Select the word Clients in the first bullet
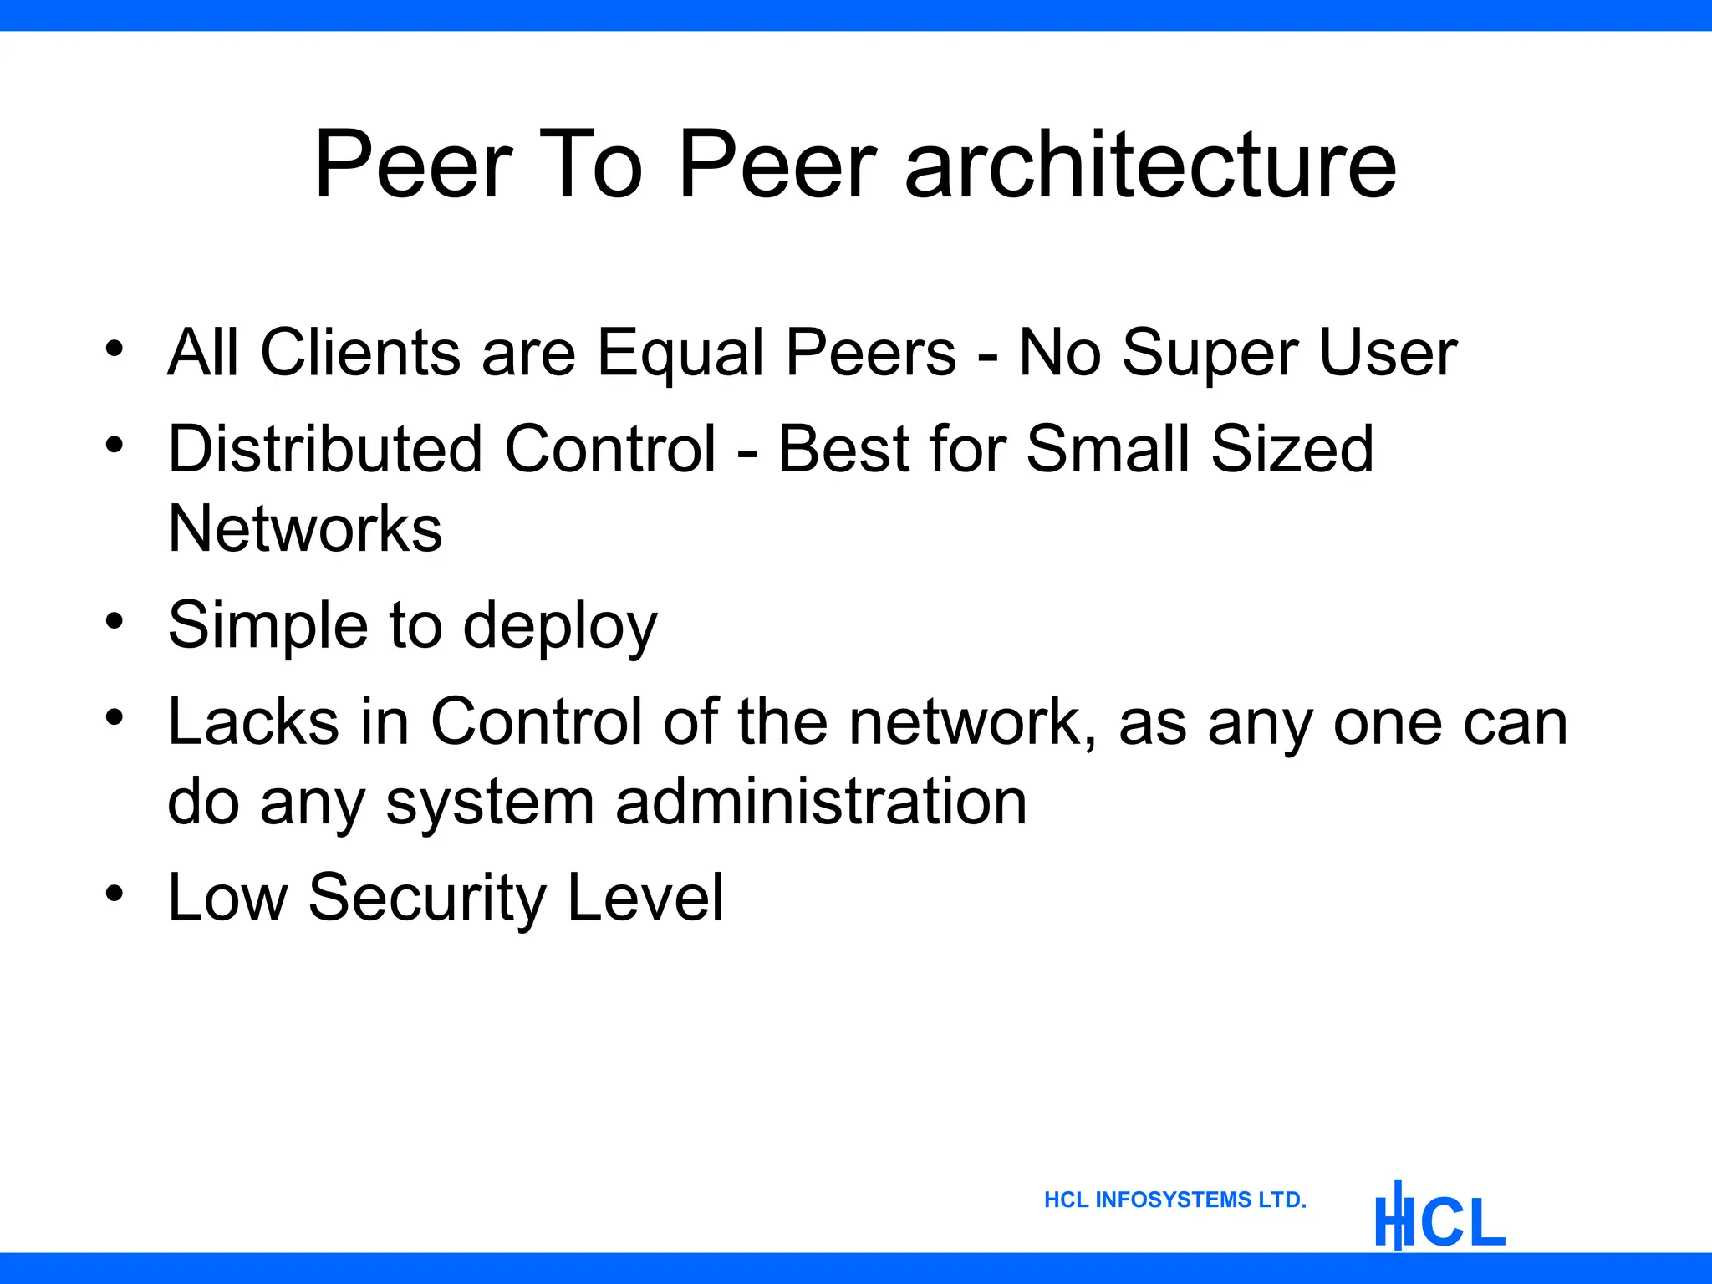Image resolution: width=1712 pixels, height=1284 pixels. point(360,352)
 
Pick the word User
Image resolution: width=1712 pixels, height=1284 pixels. point(1388,352)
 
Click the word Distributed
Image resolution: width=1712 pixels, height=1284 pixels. point(325,449)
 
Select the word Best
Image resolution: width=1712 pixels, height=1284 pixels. point(844,449)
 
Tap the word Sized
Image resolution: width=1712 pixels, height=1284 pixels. point(1292,449)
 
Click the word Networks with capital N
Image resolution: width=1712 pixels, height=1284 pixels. point(305,528)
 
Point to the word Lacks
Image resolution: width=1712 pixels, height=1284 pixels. point(253,721)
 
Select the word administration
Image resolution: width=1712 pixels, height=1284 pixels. point(821,802)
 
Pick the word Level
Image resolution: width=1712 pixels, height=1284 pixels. point(645,897)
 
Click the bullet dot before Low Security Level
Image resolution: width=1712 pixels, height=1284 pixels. point(115,893)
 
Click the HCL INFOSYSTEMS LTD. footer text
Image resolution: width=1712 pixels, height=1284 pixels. point(1174,1200)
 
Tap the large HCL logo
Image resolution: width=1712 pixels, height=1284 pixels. point(1439,1217)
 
